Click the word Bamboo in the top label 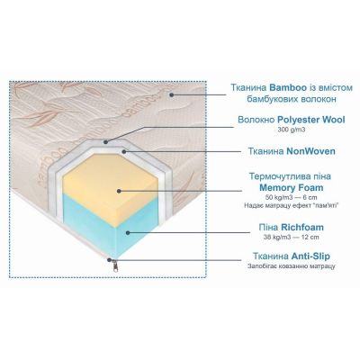click(288, 87)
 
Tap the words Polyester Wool click(311, 120)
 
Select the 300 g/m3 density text click(292, 130)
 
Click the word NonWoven click(310, 151)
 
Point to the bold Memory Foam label click(292, 188)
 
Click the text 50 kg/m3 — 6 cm click(292, 197)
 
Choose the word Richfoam click(302, 227)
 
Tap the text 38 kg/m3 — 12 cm click(292, 237)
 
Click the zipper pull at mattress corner click(115, 265)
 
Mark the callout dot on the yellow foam click(119, 191)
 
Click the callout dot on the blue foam click(128, 232)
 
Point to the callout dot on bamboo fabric click(171, 94)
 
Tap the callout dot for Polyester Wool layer click(105, 141)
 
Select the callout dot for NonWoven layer click(123, 151)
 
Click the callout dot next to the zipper click(110, 260)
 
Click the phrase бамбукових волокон click(292, 99)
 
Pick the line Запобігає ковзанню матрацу click(292, 266)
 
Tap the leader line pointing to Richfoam click(189, 232)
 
